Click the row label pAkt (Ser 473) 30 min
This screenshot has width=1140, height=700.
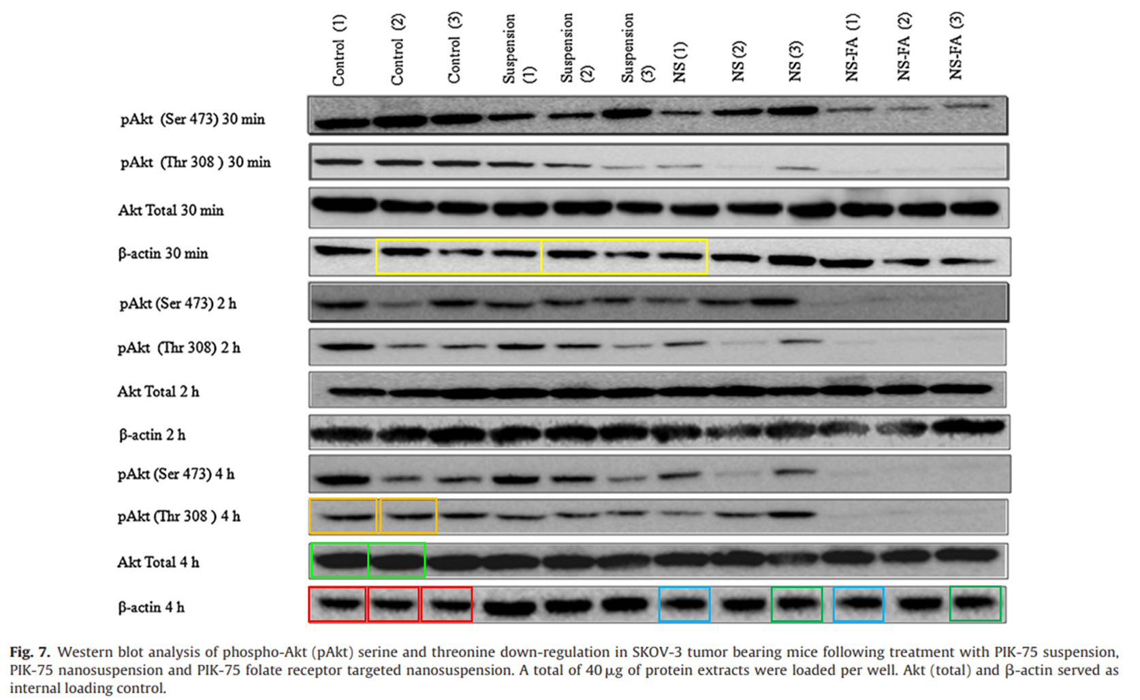(x=193, y=119)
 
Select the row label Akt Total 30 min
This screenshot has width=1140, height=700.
(x=171, y=210)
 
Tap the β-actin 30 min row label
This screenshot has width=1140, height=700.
(x=163, y=254)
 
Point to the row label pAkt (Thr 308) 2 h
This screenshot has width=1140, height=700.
(x=179, y=348)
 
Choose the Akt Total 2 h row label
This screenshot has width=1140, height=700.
(x=158, y=391)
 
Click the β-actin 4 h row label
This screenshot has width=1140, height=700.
(x=151, y=607)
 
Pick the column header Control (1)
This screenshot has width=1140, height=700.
(x=338, y=51)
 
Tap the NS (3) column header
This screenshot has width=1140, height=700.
(x=795, y=61)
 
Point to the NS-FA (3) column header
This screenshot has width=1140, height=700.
(x=955, y=46)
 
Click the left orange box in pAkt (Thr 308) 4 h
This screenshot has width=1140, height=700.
(x=343, y=516)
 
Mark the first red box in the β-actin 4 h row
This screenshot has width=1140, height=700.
(x=337, y=604)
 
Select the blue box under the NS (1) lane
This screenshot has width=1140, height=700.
(x=684, y=604)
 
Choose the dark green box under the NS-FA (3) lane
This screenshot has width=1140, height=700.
(x=975, y=603)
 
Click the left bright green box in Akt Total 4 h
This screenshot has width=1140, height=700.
(x=339, y=560)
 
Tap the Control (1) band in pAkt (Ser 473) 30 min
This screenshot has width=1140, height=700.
(x=340, y=123)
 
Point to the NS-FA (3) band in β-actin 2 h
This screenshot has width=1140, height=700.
(x=968, y=427)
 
